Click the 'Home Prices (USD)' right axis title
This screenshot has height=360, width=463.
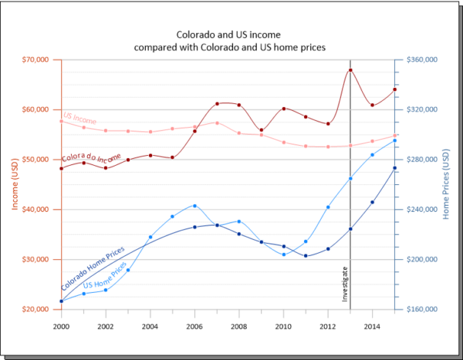pos(447,183)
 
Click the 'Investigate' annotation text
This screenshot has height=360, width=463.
pos(345,284)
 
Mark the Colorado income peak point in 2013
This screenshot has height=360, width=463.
pos(350,70)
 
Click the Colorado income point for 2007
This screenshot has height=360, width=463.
pos(217,103)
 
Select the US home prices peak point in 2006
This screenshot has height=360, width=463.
pos(194,206)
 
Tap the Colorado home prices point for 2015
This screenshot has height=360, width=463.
pos(395,168)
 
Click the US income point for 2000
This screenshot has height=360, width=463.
pos(61,121)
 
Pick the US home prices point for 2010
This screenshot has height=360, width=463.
pos(284,254)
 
